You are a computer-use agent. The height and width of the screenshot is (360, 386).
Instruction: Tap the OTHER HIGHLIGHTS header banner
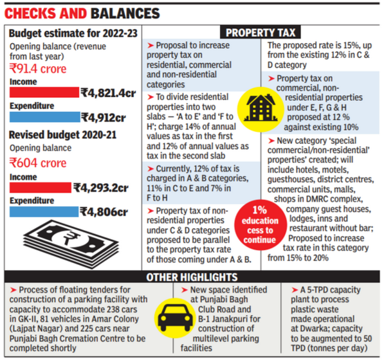tap(192, 276)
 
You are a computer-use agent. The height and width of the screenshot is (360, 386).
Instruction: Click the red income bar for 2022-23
tap(42, 93)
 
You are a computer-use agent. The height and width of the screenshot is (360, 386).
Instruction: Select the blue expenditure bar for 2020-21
tap(42, 212)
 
